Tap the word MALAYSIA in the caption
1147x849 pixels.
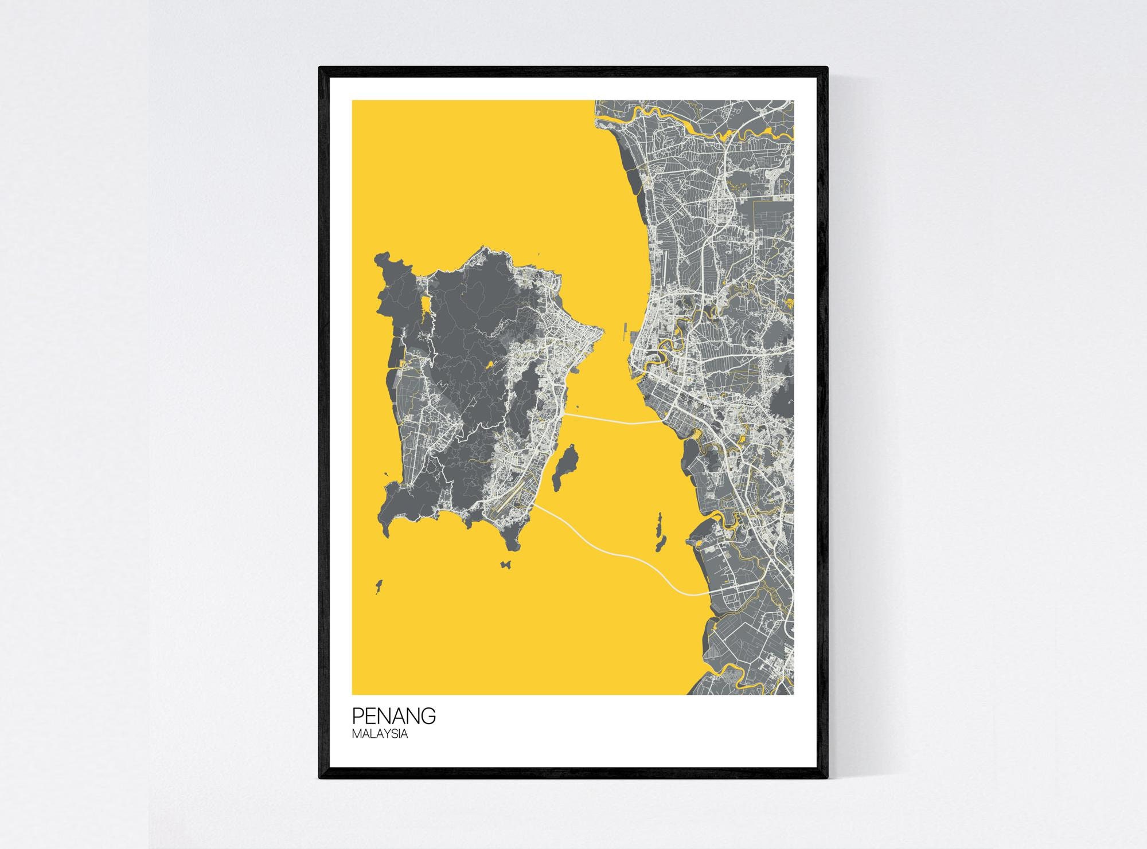coord(380,734)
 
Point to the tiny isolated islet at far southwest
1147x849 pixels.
coord(378,586)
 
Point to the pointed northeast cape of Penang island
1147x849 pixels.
coord(600,331)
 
